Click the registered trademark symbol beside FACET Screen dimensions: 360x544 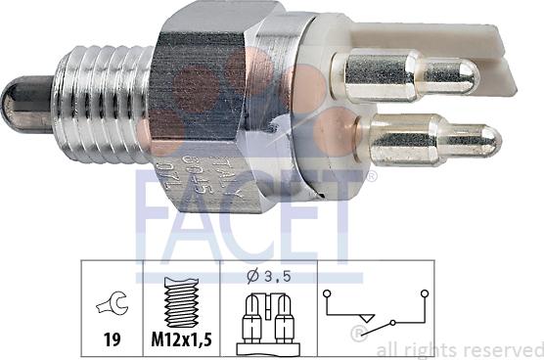tap(371, 177)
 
